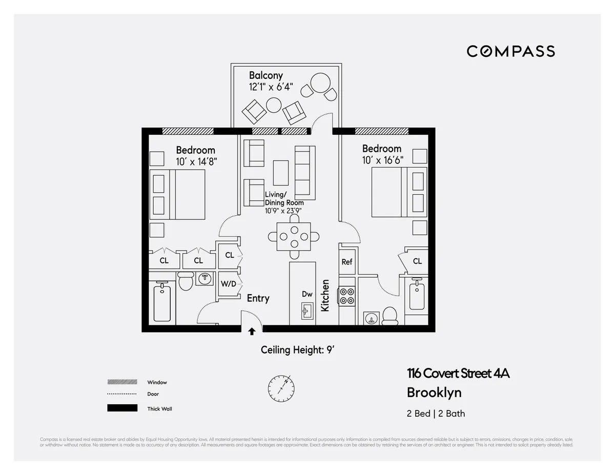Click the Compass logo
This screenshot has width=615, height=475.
510,51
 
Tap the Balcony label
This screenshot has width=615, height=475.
265,75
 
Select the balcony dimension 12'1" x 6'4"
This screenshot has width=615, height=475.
270,87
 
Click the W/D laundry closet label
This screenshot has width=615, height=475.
229,284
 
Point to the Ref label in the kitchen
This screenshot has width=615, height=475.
347,262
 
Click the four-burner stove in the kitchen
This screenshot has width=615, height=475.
347,297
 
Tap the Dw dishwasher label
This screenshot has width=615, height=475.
307,294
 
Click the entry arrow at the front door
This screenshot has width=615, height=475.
252,332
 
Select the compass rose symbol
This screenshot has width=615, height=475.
281,388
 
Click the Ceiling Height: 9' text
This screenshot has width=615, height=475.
298,350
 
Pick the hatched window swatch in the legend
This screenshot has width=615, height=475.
122,382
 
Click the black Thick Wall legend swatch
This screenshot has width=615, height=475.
122,408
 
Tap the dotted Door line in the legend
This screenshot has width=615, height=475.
122,394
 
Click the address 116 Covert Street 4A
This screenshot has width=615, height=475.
458,374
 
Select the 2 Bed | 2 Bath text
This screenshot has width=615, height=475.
436,414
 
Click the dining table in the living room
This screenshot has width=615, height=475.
294,236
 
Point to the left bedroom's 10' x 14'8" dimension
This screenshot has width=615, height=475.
195,161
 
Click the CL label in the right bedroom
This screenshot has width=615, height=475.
417,261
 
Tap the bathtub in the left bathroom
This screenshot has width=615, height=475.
162,303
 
